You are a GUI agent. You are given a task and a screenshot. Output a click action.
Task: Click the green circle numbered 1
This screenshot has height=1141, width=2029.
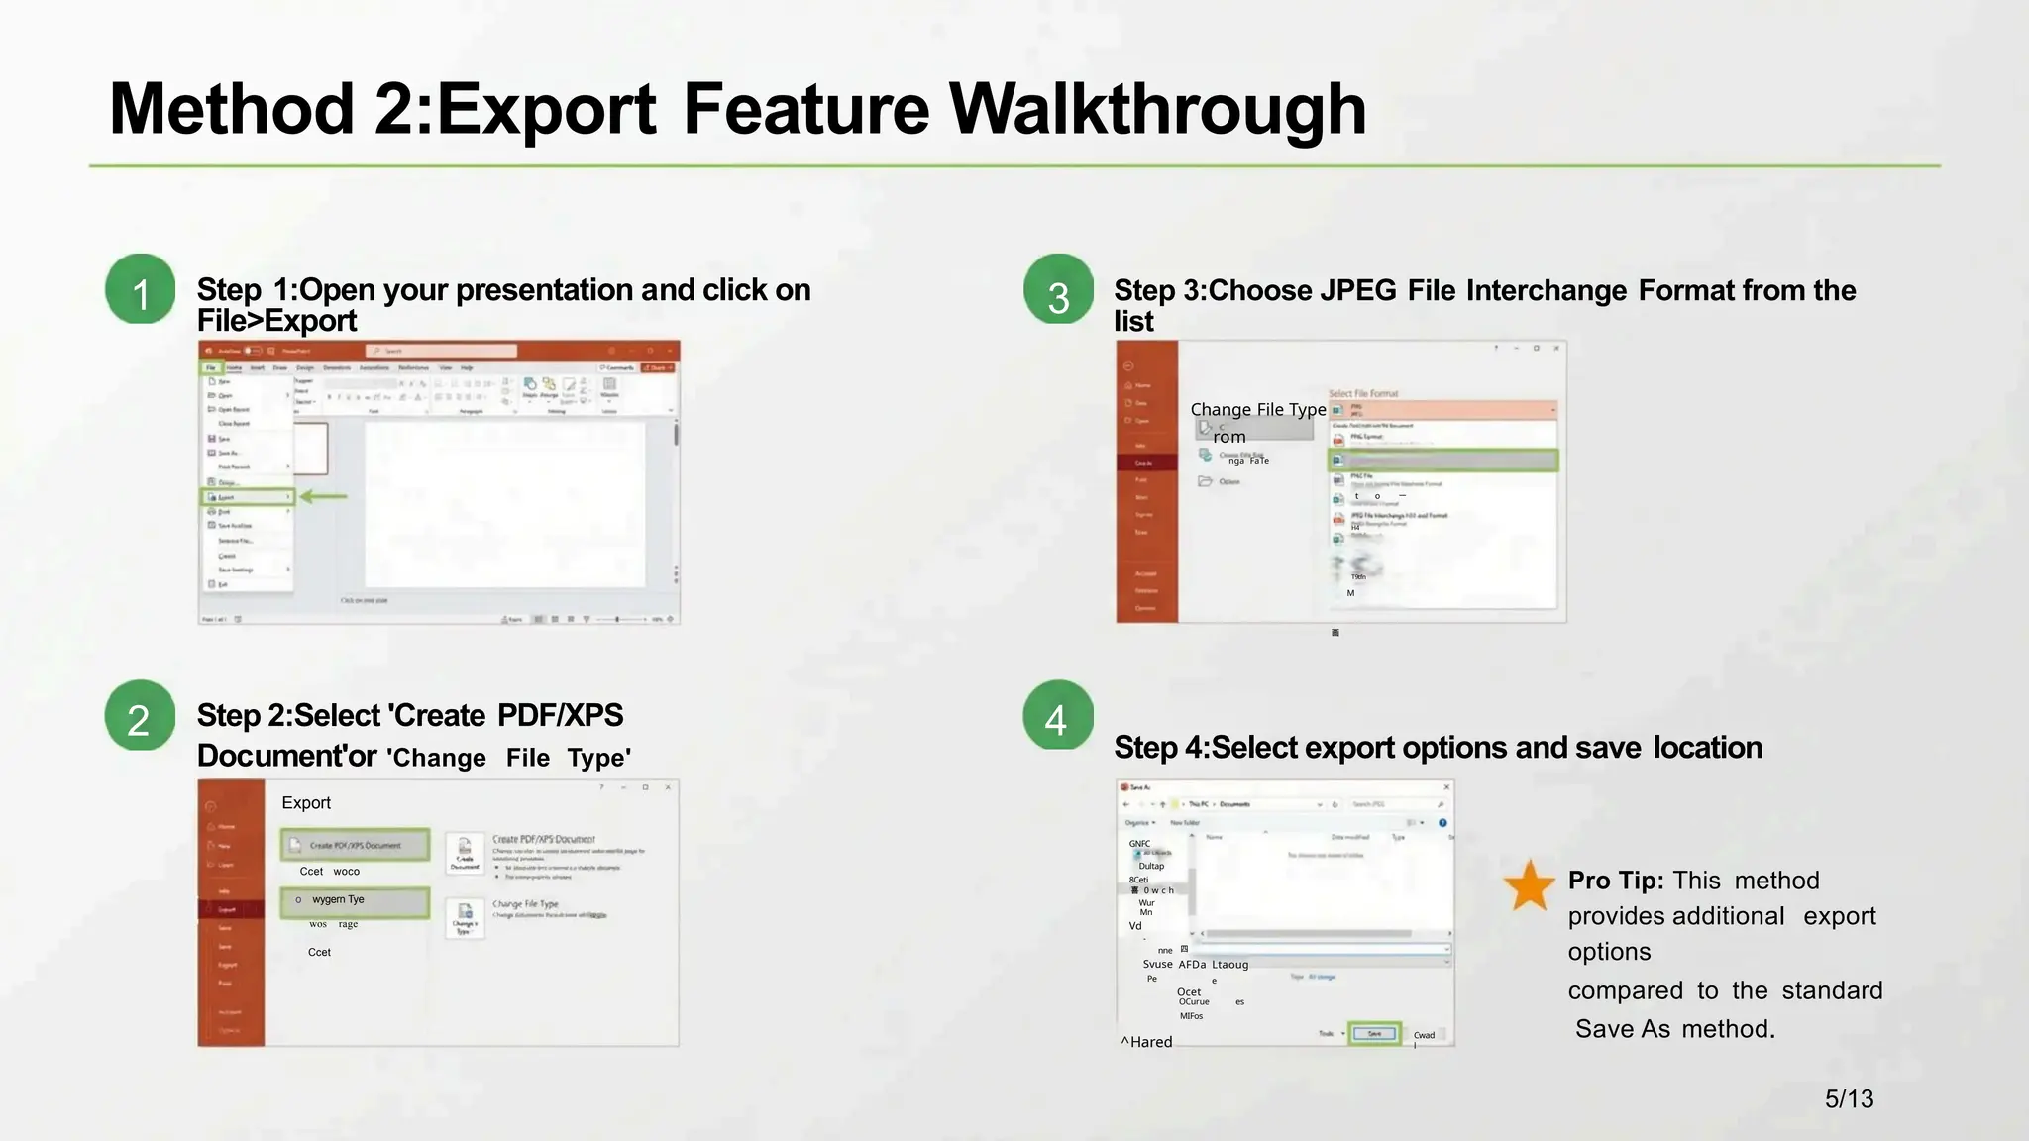pos(141,289)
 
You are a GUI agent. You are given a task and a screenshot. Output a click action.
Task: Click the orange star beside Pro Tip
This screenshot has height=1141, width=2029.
pos(1529,885)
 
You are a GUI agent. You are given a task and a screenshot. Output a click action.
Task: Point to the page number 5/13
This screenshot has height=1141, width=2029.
pos(1849,1098)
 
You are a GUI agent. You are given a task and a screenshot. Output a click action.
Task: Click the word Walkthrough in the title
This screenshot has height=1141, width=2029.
pos(1157,109)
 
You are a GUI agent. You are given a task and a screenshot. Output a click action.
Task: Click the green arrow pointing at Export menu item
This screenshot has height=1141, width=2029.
pos(324,496)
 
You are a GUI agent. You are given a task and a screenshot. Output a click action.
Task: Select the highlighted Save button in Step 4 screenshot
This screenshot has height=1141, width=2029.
pos(1374,1033)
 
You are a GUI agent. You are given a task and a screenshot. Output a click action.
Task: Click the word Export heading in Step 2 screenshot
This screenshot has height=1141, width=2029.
pos(306,802)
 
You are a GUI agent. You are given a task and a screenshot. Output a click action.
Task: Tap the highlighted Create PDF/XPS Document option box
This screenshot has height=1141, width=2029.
pos(355,845)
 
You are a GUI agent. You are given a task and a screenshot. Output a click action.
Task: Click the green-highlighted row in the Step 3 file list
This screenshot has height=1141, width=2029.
pos(1442,461)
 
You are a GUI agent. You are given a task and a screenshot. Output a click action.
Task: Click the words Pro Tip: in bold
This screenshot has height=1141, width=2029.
pos(1615,881)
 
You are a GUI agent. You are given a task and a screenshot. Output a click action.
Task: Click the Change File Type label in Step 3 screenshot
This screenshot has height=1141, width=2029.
pos(1257,409)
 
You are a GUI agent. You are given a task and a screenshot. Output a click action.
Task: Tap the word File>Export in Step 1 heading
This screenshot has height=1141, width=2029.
pos(276,321)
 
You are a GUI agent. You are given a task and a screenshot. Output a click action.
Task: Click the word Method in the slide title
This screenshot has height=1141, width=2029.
pos(231,109)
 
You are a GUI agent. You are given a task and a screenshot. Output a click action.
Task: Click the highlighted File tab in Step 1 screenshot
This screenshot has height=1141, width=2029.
pos(211,367)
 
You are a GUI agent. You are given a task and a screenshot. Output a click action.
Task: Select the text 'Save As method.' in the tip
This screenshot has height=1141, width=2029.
pos(1674,1029)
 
